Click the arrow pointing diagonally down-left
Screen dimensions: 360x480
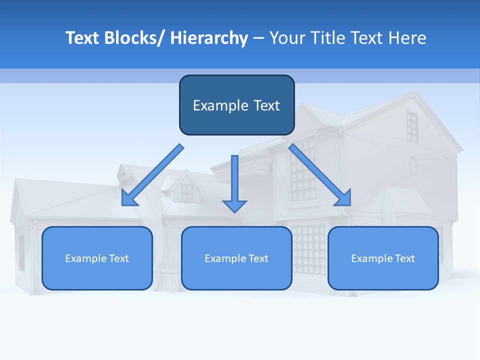(x=152, y=175)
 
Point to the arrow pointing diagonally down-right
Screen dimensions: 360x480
(x=320, y=175)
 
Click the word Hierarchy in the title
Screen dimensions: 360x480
(x=209, y=38)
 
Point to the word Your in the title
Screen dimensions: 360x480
(x=286, y=38)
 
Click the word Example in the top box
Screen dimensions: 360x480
(x=220, y=105)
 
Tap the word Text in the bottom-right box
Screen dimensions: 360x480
(x=404, y=258)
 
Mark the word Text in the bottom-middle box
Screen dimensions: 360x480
(x=258, y=258)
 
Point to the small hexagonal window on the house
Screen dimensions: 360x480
(x=413, y=163)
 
